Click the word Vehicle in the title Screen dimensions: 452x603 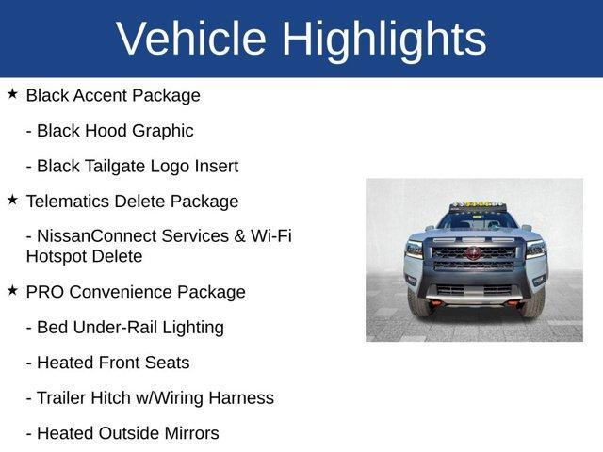pyautogui.click(x=191, y=39)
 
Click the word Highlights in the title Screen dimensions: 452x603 pyautogui.click(x=383, y=39)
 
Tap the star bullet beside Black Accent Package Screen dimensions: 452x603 pyautogui.click(x=12, y=94)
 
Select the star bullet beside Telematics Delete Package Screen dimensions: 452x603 pyautogui.click(x=12, y=200)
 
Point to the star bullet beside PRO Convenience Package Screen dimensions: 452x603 pyautogui.click(x=12, y=291)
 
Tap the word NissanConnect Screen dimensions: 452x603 pyautogui.click(x=93, y=235)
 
